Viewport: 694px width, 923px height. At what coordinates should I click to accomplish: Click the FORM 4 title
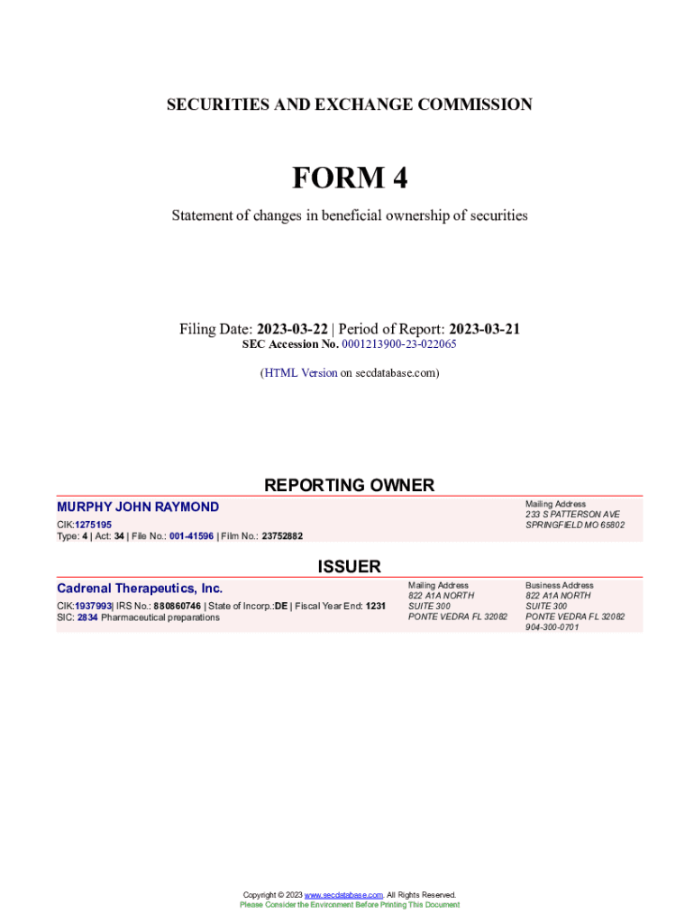click(349, 178)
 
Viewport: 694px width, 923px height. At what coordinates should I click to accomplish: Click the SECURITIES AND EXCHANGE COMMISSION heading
click(349, 105)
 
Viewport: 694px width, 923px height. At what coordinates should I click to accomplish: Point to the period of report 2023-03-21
click(484, 329)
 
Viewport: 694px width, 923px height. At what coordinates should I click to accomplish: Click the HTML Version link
click(301, 372)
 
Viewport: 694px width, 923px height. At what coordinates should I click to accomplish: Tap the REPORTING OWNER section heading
click(349, 485)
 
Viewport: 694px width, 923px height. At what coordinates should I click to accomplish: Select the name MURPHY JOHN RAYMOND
click(138, 507)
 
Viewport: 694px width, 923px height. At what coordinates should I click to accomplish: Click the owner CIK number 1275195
click(93, 525)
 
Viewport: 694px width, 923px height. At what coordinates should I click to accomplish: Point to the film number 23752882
click(282, 536)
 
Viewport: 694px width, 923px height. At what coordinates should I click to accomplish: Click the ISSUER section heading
click(349, 567)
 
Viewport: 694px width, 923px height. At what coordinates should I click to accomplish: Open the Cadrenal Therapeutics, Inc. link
click(140, 589)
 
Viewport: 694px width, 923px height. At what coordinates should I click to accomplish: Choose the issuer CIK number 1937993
click(93, 607)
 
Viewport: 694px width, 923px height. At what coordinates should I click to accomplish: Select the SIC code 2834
click(87, 617)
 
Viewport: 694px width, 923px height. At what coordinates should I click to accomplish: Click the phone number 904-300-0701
click(552, 627)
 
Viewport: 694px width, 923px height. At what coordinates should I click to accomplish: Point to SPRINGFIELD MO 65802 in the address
click(575, 525)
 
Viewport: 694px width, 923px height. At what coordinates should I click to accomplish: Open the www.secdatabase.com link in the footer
click(344, 895)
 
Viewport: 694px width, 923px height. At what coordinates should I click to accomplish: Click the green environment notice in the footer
click(349, 905)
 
